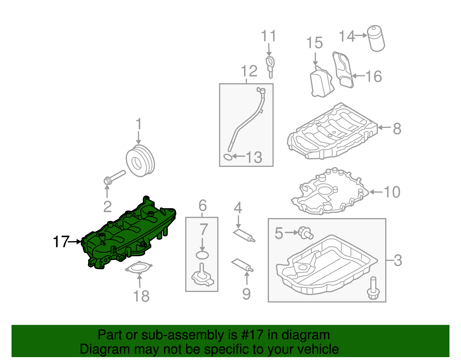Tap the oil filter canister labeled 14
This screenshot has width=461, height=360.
[x=376, y=39]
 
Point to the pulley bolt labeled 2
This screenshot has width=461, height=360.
[x=114, y=177]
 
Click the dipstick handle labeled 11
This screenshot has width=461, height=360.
[x=270, y=65]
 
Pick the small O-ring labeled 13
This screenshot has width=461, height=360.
[x=228, y=157]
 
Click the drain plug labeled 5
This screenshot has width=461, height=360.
[x=305, y=232]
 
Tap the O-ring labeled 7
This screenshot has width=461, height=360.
[x=202, y=255]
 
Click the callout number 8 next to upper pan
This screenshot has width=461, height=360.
[x=397, y=129]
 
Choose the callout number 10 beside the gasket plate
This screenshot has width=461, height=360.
[x=392, y=192]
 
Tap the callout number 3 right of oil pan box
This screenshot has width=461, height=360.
[x=398, y=261]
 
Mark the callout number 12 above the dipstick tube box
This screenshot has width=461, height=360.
[x=249, y=71]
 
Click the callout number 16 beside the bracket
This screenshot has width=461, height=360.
[x=374, y=76]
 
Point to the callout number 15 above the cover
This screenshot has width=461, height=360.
[x=314, y=43]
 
